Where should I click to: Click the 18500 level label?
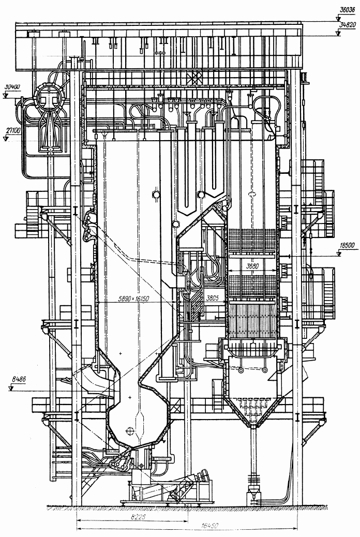346,245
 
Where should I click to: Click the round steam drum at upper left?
48,97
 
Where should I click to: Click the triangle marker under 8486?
11,388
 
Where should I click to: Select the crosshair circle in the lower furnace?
130,431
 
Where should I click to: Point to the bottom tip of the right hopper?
253,427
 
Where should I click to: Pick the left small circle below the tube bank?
242,370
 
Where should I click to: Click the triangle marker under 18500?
339,254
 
